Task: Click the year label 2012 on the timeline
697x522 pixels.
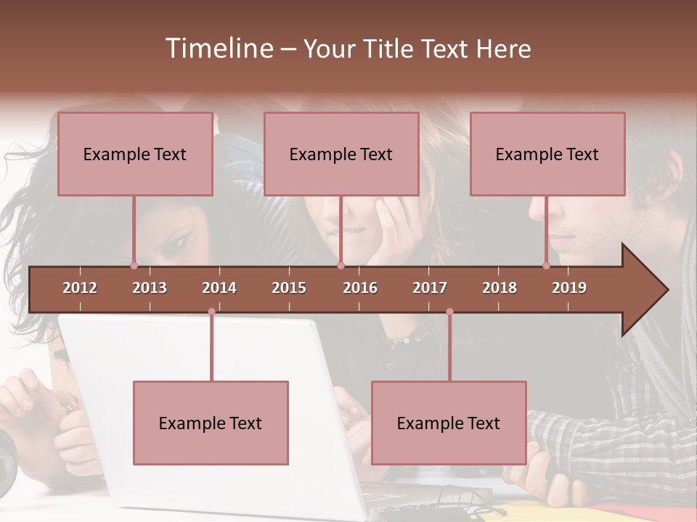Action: pos(80,288)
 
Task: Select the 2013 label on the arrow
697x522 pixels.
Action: pos(150,288)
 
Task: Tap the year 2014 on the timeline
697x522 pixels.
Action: pos(219,288)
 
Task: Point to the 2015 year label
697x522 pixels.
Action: pos(289,288)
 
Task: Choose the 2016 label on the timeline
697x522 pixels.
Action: pos(360,288)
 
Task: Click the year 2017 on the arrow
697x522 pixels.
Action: pos(430,288)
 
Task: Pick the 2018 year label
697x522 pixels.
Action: pos(500,288)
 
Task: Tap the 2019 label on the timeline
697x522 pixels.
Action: pos(569,288)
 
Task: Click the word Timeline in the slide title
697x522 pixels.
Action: pos(218,49)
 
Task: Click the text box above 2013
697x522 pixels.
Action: pos(135,154)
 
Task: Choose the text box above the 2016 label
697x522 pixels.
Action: pos(341,154)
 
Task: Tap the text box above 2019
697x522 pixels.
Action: pos(547,154)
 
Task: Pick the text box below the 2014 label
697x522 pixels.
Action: pos(211,423)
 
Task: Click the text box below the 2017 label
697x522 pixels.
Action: pos(449,423)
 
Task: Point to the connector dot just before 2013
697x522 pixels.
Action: pos(134,265)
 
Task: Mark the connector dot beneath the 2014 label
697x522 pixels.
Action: pos(211,312)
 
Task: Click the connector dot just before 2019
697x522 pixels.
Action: pos(547,265)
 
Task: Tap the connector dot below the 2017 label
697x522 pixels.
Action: pos(449,312)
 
